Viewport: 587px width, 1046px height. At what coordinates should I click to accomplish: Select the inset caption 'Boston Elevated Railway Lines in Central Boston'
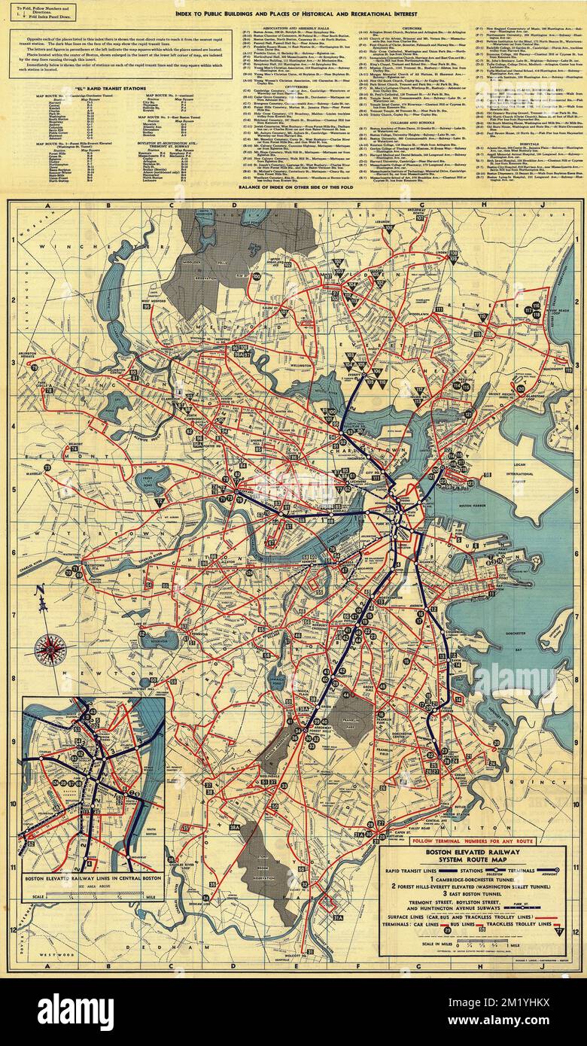coord(93,877)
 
